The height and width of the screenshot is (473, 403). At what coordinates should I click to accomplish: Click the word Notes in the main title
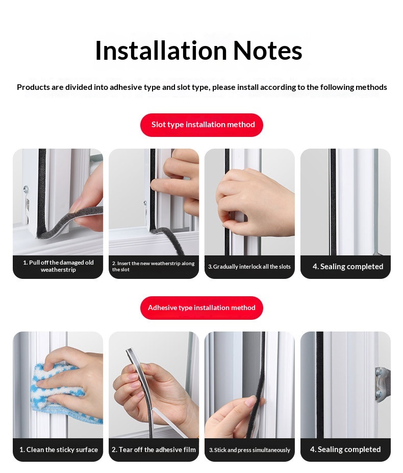coord(267,51)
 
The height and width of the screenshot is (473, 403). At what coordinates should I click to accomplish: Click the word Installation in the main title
coord(161,51)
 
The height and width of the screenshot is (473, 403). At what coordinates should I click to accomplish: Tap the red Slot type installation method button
coord(202,125)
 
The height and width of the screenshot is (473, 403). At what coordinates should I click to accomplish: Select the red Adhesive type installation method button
coord(202,308)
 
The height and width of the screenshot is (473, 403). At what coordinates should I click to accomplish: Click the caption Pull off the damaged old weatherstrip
coord(58,266)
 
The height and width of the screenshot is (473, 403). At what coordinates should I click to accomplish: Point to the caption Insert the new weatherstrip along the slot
coord(154,266)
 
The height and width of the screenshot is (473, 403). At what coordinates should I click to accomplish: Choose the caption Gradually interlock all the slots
coord(249,267)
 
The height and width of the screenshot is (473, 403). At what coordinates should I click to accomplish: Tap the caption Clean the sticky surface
coord(59,450)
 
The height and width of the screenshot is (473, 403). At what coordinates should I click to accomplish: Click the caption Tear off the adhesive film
coord(154,450)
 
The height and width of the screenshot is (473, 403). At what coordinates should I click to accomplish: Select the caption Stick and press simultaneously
coord(249,450)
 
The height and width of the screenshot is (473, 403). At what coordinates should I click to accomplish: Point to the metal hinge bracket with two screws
coord(383,384)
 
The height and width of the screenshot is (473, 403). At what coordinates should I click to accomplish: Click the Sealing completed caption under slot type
coord(348,267)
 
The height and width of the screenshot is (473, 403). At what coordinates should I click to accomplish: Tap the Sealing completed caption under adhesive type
coord(345,450)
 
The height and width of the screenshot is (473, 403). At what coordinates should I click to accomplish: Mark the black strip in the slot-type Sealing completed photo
coord(333,202)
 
